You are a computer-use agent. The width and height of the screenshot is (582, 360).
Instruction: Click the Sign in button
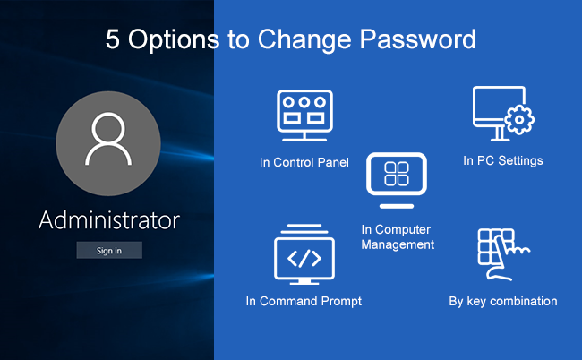pos(109,250)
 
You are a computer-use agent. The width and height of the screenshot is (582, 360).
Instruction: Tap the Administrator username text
pos(109,220)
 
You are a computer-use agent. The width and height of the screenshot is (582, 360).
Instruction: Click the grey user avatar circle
pos(108,143)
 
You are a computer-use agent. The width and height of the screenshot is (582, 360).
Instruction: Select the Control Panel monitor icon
pos(304,116)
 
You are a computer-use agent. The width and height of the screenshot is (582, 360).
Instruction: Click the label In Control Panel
pos(304,162)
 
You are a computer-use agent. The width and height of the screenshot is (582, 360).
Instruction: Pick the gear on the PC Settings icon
pos(519,119)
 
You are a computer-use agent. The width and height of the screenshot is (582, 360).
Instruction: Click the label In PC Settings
pos(503,160)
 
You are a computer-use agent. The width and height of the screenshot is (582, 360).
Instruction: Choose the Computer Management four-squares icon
pos(397,180)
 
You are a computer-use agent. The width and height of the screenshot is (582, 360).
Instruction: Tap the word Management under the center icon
pos(398,244)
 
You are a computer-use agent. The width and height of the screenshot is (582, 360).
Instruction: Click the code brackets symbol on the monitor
pos(304,258)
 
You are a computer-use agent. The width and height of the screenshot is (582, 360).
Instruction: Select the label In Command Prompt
pos(304,301)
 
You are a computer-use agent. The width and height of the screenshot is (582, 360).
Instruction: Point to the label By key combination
pos(503,302)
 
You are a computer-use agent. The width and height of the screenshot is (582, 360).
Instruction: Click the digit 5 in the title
pos(113,39)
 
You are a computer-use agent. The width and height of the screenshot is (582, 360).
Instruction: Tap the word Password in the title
pos(417,39)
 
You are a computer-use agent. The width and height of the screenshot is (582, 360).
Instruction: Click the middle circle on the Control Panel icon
pos(304,102)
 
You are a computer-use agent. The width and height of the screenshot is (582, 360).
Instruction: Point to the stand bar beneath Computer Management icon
pos(397,206)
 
